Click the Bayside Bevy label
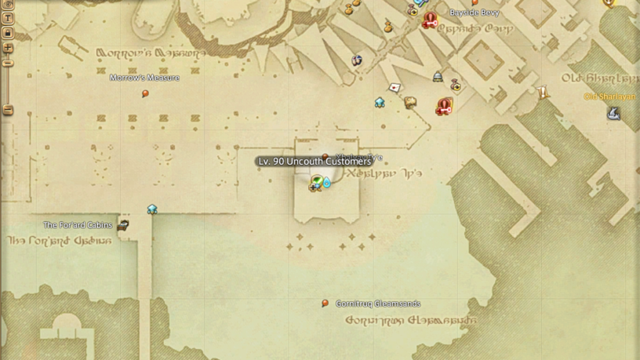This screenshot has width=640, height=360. click(x=474, y=12)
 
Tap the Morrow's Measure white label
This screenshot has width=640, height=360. click(x=144, y=78)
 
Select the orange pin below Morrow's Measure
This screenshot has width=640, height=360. click(x=146, y=94)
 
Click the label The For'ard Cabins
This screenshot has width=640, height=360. click(x=77, y=225)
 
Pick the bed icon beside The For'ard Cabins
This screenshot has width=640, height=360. click(x=124, y=225)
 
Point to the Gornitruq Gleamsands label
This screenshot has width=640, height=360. click(x=377, y=304)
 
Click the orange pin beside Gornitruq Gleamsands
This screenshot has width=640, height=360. click(x=325, y=304)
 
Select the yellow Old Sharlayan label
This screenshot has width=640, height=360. click(x=609, y=97)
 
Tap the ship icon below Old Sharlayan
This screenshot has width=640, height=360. click(x=613, y=113)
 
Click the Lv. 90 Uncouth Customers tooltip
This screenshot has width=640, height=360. click(x=315, y=161)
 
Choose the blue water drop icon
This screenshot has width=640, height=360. click(x=326, y=182)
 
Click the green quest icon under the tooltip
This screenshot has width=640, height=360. click(x=317, y=182)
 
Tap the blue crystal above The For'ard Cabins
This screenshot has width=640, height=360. click(x=152, y=209)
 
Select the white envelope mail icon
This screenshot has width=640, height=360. click(x=394, y=87)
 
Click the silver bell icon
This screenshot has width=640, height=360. click(x=437, y=76)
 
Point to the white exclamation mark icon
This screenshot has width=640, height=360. click(x=542, y=93)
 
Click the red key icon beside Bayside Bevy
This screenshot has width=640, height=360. click(x=429, y=21)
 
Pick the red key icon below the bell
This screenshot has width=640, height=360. click(x=444, y=107)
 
